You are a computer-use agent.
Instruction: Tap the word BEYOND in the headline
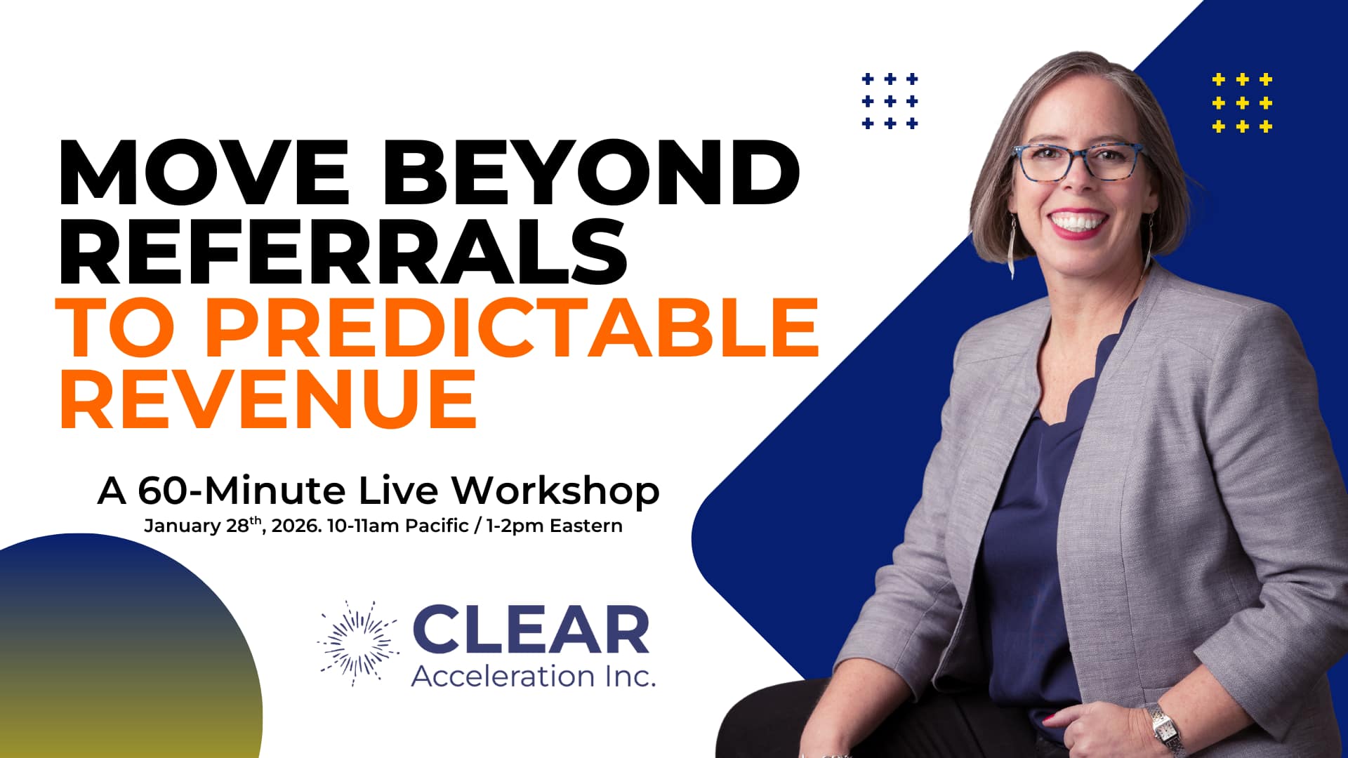(x=590, y=172)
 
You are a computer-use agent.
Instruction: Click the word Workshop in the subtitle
(x=555, y=491)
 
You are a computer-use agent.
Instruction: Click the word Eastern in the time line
(x=586, y=526)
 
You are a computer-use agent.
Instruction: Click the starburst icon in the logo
(x=357, y=642)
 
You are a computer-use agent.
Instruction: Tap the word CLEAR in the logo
(x=531, y=630)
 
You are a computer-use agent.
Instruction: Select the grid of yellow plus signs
(x=1242, y=103)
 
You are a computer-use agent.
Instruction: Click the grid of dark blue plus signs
(x=890, y=101)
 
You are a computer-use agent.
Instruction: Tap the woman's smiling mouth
(x=1075, y=223)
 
